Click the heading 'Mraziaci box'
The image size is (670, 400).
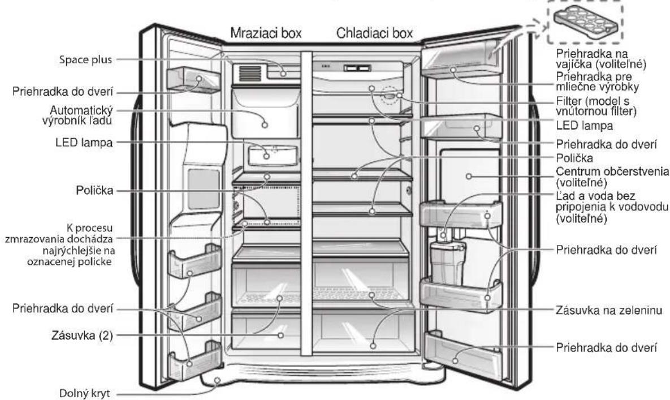tap(266, 33)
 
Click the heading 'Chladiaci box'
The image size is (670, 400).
tap(375, 33)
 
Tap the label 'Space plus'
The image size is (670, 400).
tap(85, 60)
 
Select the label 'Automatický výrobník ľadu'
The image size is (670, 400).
tap(78, 115)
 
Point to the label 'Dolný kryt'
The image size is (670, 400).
tap(84, 393)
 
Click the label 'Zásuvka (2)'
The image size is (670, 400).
tap(82, 336)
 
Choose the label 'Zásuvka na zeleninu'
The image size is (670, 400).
tap(609, 310)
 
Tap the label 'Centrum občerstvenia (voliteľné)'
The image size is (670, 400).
tap(612, 177)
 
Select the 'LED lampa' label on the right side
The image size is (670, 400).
tap(585, 126)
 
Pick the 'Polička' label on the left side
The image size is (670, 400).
tap(95, 190)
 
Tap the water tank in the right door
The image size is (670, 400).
tap(448, 263)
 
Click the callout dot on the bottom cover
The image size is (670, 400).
tap(217, 380)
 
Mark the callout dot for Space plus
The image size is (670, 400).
tap(283, 74)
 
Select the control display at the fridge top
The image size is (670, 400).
tap(358, 68)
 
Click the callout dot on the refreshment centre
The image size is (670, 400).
tap(469, 176)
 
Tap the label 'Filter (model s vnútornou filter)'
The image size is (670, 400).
tap(596, 106)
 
